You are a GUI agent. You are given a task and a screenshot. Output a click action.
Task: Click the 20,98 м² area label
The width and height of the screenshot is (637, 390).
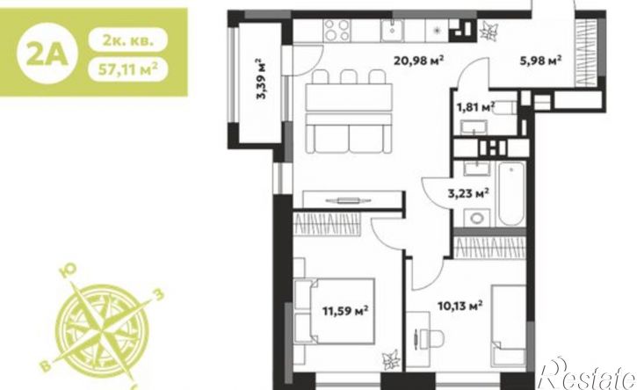[x=418, y=61]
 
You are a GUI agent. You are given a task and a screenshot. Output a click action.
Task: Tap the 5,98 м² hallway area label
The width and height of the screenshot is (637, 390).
[x=540, y=61]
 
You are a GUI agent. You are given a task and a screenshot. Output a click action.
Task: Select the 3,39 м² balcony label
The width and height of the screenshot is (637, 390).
[x=260, y=79]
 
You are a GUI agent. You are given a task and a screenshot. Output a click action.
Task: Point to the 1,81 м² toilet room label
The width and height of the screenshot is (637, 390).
[x=475, y=108]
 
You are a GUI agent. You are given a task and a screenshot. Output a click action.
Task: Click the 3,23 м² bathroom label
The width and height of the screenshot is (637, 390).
[x=468, y=193]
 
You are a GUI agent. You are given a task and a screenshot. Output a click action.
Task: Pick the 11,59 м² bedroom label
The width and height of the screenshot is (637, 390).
[x=345, y=311]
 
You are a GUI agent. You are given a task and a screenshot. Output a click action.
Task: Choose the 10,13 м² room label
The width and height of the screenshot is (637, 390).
[x=460, y=305]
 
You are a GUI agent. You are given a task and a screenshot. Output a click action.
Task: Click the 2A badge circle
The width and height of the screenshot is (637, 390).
[x=47, y=54]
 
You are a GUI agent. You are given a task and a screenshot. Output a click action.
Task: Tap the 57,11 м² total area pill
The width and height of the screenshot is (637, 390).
[x=128, y=69]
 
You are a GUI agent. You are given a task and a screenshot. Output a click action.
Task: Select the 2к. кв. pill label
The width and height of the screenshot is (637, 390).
[x=128, y=40]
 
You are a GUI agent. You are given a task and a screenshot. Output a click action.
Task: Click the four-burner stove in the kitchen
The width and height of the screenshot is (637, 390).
[x=337, y=31]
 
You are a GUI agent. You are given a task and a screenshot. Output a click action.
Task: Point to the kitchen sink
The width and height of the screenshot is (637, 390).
[x=392, y=30]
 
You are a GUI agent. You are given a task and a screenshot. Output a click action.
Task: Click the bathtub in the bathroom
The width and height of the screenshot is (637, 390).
[x=512, y=194]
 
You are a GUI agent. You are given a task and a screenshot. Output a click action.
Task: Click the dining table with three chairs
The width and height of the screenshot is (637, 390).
[x=349, y=90]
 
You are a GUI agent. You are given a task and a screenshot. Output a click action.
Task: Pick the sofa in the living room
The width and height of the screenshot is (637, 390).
[x=349, y=134]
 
